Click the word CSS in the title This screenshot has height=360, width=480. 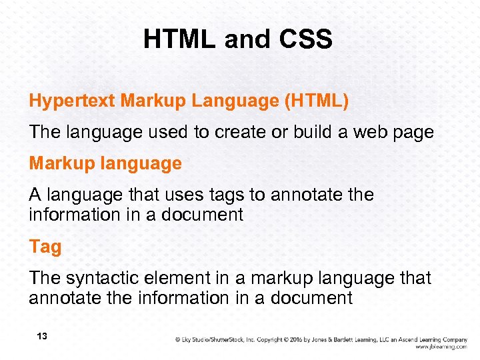pos(305,40)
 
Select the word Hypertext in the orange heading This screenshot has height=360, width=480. pos(72,101)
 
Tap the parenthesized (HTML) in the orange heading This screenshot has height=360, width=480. pos(316,101)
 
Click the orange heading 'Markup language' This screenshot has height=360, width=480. pos(105,163)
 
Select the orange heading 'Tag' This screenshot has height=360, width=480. pos(45,247)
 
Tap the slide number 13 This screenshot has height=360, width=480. pos(41,337)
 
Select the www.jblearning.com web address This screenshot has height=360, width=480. pos(440,347)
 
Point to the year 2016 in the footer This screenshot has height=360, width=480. pos(297,339)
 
